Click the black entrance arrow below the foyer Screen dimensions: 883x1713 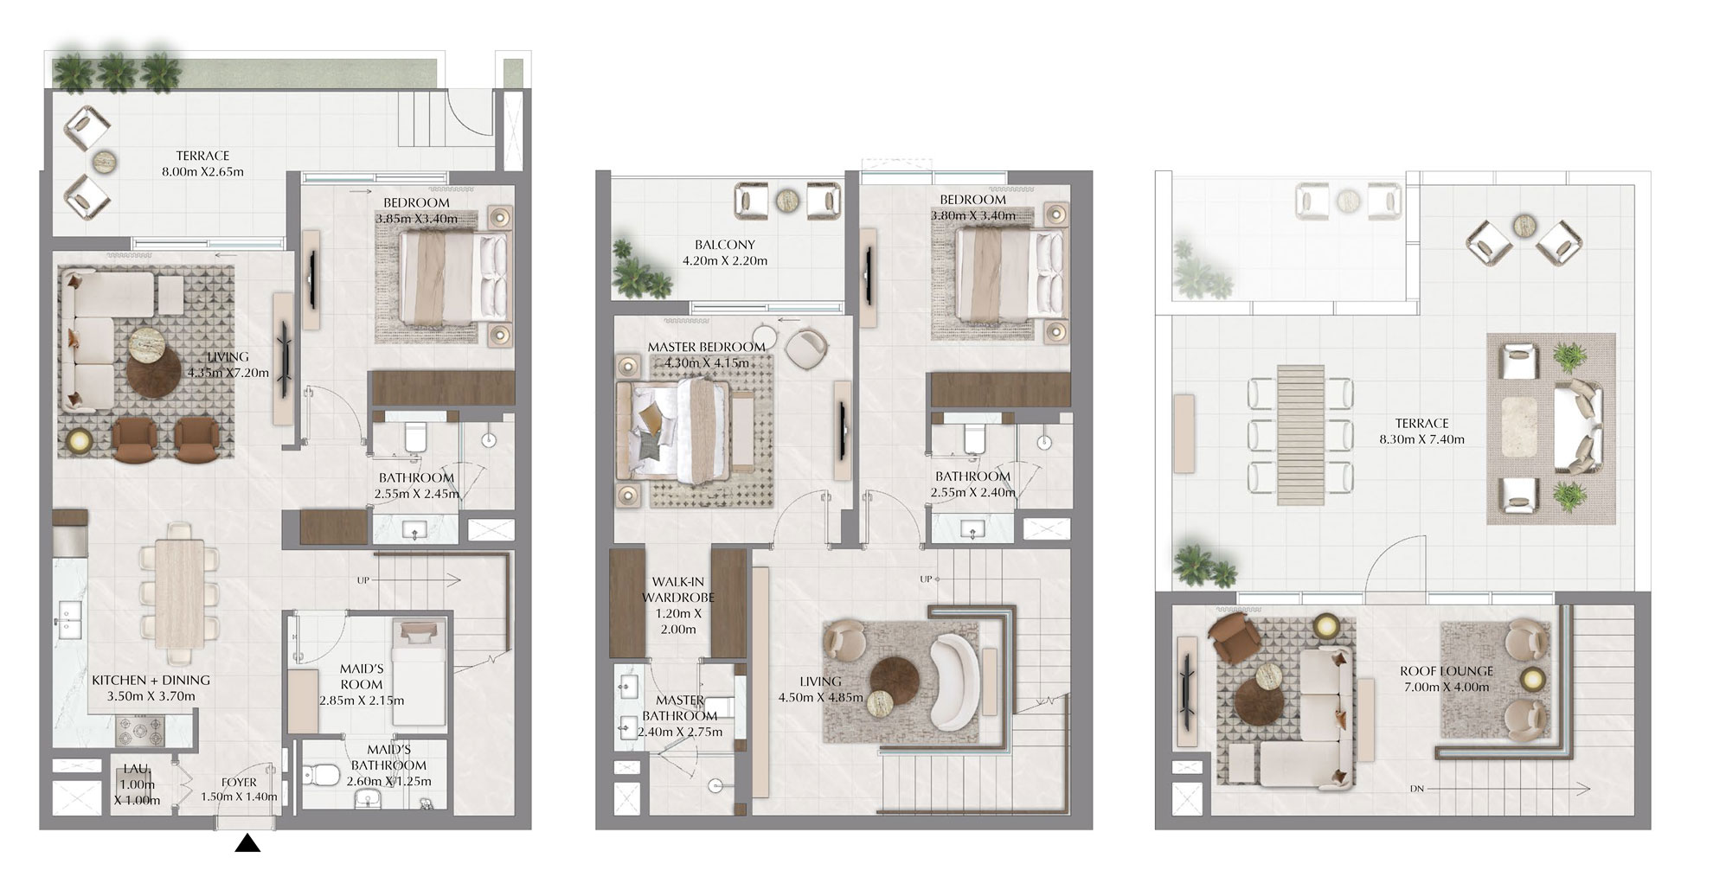247,843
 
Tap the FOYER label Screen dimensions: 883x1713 239,783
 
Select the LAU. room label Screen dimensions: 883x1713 137,768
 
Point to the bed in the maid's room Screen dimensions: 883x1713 419,670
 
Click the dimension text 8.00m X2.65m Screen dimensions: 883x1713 202,171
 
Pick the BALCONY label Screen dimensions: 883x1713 724,245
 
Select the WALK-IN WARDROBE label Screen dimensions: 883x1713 678,589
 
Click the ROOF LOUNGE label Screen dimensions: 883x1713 1447,671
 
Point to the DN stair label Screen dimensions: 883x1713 1416,789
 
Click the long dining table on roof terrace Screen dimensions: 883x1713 1300,433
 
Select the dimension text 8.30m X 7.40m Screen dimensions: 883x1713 1421,439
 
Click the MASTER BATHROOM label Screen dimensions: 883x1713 680,708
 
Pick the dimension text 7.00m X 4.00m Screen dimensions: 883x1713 1447,688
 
